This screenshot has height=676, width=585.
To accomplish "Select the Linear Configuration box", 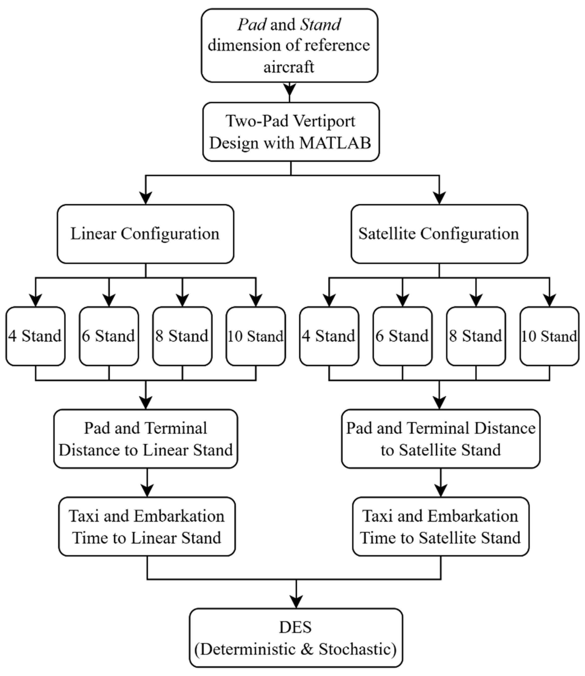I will pyautogui.click(x=145, y=234).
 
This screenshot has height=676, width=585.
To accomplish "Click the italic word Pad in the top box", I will pyautogui.click(x=252, y=25).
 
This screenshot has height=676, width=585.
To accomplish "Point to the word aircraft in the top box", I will pyautogui.click(x=289, y=67).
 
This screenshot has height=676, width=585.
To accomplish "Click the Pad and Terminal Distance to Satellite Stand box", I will pyautogui.click(x=441, y=439).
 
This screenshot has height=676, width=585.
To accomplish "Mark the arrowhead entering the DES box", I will pyautogui.click(x=296, y=601).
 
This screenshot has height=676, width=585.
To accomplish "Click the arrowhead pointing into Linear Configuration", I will pyautogui.click(x=146, y=198).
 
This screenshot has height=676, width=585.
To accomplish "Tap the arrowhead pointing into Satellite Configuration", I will pyautogui.click(x=439, y=198).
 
